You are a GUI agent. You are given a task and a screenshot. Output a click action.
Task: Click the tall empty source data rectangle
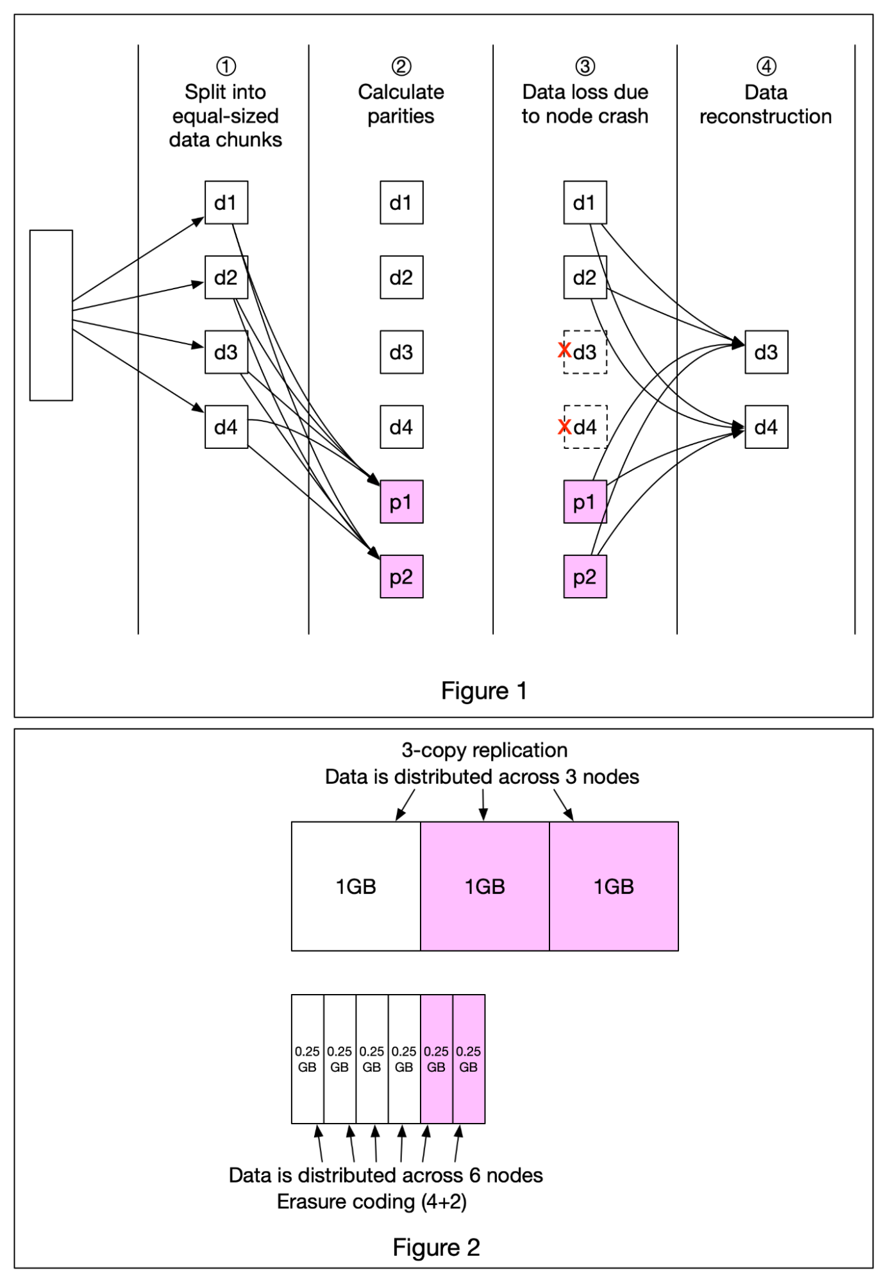[x=51, y=315]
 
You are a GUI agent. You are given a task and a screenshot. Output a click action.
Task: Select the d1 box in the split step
[x=226, y=203]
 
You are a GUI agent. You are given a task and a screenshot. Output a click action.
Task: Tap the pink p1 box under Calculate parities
[x=401, y=502]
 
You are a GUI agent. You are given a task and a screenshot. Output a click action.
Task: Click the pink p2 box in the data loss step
[x=585, y=577]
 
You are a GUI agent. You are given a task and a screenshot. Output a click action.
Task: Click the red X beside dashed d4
[x=564, y=426]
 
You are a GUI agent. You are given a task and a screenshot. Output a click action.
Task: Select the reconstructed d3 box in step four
[x=766, y=352]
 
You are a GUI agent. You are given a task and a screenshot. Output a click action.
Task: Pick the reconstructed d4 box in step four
[x=766, y=426]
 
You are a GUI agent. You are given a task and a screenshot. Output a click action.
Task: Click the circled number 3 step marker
[x=585, y=66]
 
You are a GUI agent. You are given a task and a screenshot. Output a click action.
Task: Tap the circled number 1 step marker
[x=226, y=66]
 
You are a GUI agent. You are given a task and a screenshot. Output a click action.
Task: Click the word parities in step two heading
[x=401, y=117]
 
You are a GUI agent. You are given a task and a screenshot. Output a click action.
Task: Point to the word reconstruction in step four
[x=766, y=117]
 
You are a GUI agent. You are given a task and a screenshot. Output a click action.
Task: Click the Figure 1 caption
[x=484, y=691]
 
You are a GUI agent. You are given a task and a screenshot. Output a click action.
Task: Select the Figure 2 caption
[x=436, y=1247]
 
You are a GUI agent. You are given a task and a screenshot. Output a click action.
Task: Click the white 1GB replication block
[x=356, y=886]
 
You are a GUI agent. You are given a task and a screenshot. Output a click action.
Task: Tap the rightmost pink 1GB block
[x=614, y=886]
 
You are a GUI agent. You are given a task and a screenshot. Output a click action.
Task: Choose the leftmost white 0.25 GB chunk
[x=307, y=1059]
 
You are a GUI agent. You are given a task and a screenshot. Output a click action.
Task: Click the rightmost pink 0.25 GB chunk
[x=469, y=1059]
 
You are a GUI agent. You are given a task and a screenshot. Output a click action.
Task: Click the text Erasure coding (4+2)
[x=372, y=1201]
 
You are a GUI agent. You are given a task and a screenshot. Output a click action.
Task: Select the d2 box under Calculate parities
[x=401, y=277]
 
